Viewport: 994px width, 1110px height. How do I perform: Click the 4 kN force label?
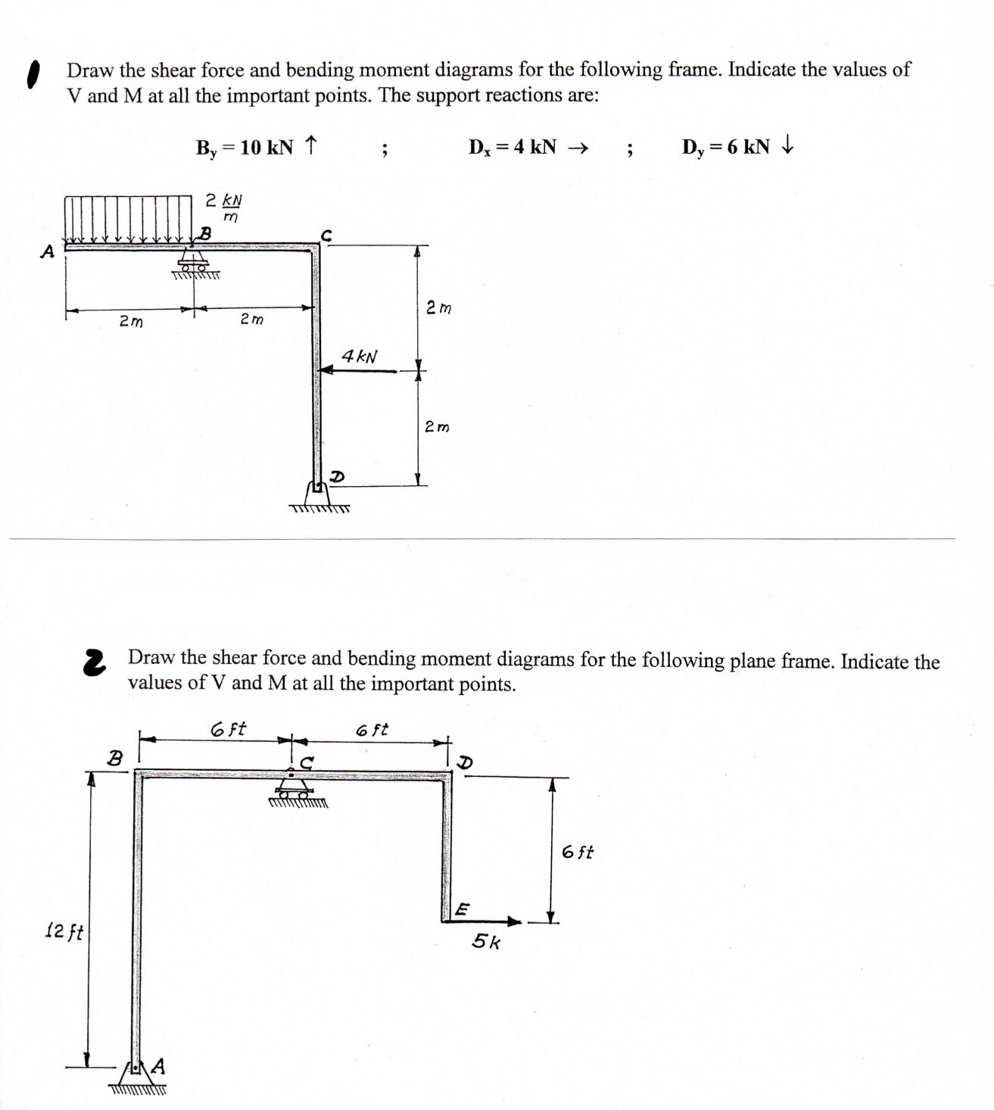360,356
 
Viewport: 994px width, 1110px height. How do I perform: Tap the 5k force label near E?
486,942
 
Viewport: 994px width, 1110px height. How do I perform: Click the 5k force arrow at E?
491,921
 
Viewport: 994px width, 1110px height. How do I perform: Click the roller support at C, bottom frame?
295,791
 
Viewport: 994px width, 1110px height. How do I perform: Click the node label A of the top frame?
48,252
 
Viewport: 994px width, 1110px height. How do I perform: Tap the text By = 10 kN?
245,147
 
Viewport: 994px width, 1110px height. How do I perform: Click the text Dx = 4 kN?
513,147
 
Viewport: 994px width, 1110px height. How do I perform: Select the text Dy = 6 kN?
725,147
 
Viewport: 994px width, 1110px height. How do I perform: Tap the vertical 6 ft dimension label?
578,853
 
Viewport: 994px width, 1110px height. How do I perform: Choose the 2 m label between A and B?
131,322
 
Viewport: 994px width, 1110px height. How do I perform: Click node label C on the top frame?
326,235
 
